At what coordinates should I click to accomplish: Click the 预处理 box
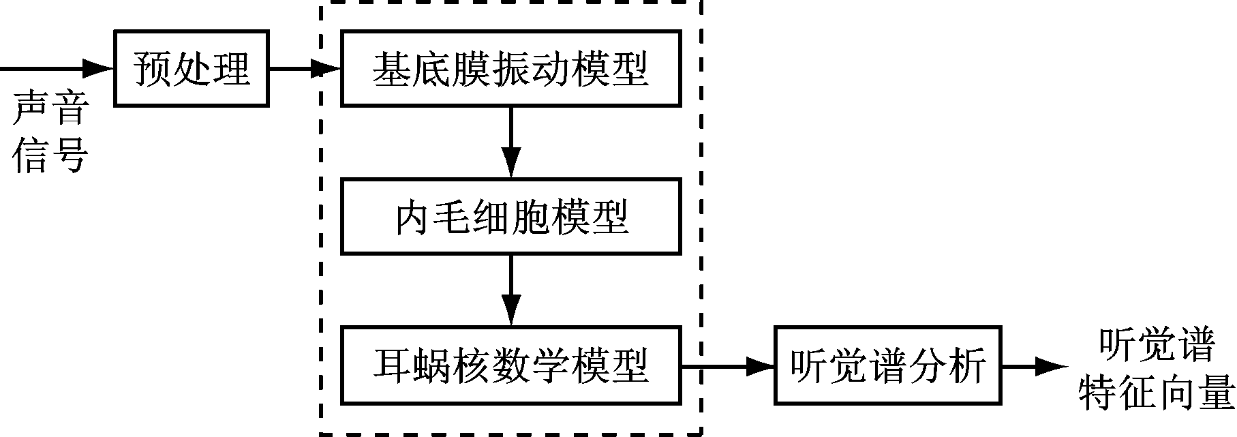(192, 68)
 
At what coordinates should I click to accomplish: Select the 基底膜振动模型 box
(510, 68)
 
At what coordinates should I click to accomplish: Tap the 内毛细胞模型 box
(510, 217)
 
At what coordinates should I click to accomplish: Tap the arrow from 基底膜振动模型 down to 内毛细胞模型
(510, 142)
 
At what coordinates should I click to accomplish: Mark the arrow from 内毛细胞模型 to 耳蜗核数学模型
(510, 291)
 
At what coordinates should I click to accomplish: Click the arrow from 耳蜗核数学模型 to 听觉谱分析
(728, 366)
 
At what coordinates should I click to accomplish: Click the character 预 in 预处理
(152, 68)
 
